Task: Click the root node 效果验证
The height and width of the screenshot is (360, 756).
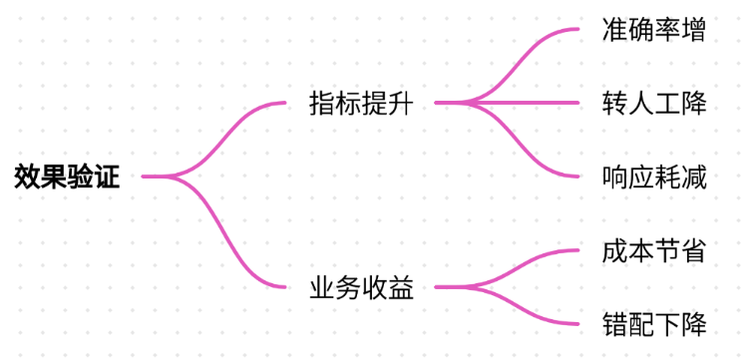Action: coord(67,177)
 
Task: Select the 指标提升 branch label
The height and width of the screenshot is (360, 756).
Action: coord(361,103)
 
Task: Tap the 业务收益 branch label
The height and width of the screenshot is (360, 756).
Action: coord(361,288)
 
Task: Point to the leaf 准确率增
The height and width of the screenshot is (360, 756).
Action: coord(654,29)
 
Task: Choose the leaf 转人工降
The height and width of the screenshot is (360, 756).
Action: coord(654,103)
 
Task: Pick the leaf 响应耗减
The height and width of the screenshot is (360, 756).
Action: coord(654,177)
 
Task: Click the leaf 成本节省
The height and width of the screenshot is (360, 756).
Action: coord(654,250)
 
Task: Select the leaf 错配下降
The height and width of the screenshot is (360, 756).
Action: coord(654,324)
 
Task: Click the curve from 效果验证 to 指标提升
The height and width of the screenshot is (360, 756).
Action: coord(214,140)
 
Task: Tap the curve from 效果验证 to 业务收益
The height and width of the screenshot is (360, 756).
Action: coord(214,231)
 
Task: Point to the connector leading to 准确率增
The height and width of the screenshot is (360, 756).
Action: coord(508,66)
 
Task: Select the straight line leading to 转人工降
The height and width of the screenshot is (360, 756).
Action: coord(507,103)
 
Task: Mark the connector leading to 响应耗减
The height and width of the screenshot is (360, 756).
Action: coord(508,140)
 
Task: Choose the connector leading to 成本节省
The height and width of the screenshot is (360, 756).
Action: coord(508,268)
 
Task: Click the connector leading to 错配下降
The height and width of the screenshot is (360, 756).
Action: coord(508,305)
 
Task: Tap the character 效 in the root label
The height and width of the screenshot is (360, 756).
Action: coord(28,177)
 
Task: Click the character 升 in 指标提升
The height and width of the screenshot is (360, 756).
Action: coord(401,103)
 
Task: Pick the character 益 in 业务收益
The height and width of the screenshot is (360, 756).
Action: coord(401,288)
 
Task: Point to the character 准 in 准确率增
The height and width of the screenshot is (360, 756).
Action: coord(615,29)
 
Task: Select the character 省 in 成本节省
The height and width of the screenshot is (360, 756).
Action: coord(694,250)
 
